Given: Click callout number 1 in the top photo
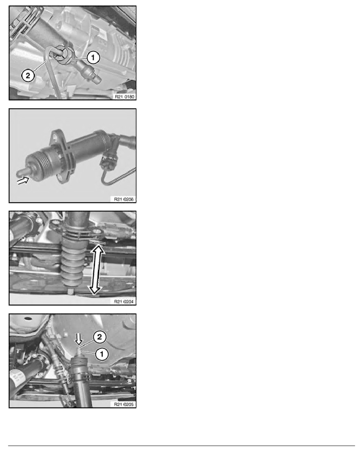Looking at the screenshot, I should point(93,58).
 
